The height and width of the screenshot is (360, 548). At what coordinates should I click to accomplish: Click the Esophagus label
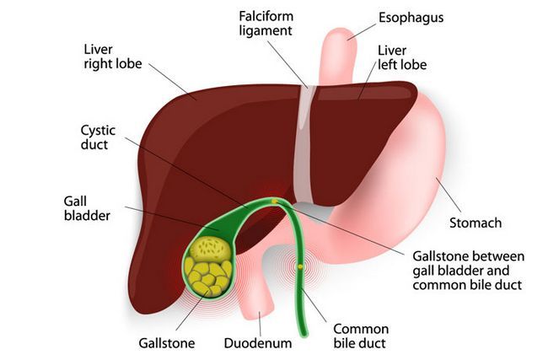click(412, 16)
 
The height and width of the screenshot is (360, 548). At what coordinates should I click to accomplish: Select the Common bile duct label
click(361, 336)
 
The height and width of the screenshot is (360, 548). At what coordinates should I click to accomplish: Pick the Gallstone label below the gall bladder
click(167, 343)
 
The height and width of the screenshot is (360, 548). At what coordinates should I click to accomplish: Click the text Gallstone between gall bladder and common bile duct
click(469, 270)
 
